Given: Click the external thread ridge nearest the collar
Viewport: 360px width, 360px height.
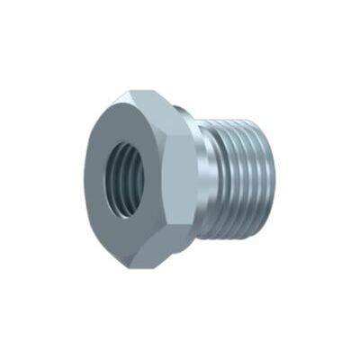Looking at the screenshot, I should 217,180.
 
